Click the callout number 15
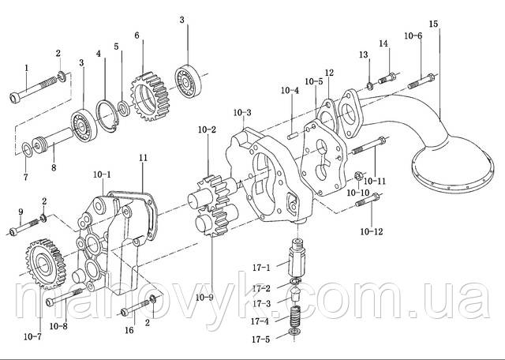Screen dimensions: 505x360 433,24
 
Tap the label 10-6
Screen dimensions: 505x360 413,36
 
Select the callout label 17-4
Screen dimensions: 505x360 260,321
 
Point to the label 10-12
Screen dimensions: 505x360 372,231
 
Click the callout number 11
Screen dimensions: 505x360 143,158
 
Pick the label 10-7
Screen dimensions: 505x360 32,337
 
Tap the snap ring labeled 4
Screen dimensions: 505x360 108,116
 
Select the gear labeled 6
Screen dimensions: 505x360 150,96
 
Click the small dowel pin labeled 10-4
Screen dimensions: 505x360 292,136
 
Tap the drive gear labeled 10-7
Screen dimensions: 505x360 46,264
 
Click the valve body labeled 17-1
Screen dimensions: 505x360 298,257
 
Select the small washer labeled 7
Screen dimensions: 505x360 27,150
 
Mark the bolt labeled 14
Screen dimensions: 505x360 387,78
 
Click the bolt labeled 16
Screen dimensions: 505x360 135,307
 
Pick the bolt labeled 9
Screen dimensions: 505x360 24,227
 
